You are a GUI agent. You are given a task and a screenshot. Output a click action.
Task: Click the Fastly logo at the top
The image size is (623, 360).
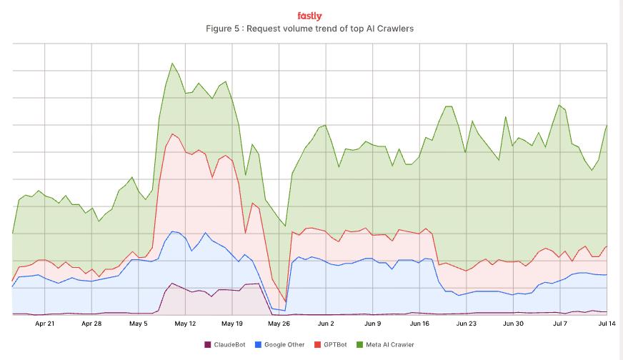click(x=309, y=16)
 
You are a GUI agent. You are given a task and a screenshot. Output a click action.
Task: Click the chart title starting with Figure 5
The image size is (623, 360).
click(x=309, y=29)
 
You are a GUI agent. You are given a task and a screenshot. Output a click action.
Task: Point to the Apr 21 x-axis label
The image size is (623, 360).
click(x=45, y=324)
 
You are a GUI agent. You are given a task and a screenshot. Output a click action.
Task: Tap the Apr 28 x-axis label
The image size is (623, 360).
click(x=91, y=324)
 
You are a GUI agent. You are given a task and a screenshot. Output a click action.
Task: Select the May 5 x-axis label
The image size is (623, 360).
click(x=139, y=324)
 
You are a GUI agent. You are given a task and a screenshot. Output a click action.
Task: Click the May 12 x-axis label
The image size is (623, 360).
click(x=185, y=324)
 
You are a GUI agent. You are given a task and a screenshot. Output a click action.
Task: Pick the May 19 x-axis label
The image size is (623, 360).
click(x=232, y=324)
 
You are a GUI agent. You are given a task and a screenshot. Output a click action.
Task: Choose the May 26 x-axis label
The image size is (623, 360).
click(x=279, y=324)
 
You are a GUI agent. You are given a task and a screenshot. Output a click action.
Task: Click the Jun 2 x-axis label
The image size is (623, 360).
click(x=326, y=324)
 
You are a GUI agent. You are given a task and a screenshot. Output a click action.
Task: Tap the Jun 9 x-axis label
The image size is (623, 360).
click(x=372, y=324)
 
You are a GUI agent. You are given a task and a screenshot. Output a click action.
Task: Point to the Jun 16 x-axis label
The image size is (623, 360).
click(x=419, y=324)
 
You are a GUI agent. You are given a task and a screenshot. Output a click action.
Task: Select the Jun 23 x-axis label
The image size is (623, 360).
click(x=466, y=324)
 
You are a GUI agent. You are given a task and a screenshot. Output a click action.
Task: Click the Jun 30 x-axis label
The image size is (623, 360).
click(x=513, y=324)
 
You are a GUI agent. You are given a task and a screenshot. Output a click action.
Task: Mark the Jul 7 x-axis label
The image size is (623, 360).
click(x=560, y=324)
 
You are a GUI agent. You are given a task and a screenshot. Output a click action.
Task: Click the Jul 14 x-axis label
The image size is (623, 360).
click(x=607, y=324)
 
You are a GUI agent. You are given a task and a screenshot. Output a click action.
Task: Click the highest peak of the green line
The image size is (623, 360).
click(x=172, y=64)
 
